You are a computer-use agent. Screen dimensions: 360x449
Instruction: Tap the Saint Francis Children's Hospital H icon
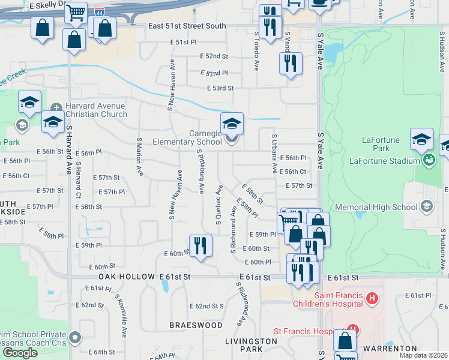tap(372, 298)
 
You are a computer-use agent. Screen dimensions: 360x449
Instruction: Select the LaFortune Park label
tap(381, 144)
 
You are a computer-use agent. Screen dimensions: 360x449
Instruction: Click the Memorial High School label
tap(384, 208)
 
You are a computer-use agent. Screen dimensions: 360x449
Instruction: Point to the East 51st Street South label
tap(187, 26)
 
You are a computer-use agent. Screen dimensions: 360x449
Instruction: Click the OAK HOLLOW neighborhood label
tap(128, 277)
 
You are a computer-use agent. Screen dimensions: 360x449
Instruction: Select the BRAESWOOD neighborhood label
tap(196, 325)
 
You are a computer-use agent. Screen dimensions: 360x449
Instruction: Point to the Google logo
tap(20, 353)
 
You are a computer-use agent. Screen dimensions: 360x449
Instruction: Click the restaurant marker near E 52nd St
tap(291, 63)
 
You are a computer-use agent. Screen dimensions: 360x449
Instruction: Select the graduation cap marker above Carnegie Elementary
tap(232, 124)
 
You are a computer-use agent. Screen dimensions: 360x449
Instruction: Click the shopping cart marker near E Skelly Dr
tap(76, 13)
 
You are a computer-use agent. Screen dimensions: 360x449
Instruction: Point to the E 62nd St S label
tap(206, 306)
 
